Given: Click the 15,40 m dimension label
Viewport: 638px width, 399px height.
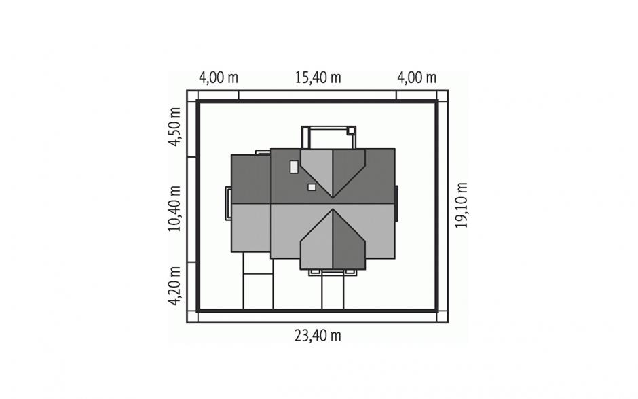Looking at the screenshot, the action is click(x=318, y=77).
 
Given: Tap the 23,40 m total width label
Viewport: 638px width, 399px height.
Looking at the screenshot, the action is click(x=318, y=335).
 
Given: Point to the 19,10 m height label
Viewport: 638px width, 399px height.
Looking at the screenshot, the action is click(x=461, y=205).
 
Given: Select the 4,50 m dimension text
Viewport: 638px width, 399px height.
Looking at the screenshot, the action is click(x=174, y=126).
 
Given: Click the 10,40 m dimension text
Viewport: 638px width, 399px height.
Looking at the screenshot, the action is click(x=174, y=209).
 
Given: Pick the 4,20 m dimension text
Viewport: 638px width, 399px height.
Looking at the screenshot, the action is click(x=174, y=286).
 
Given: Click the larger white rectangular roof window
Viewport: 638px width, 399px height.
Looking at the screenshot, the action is click(x=294, y=167).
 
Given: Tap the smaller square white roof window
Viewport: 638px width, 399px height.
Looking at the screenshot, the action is click(x=312, y=187).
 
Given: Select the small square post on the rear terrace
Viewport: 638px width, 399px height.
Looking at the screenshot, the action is click(x=350, y=131).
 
